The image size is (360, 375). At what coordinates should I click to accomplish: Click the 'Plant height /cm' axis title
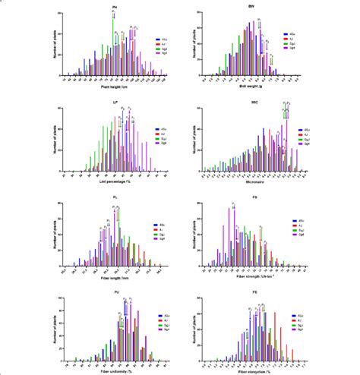[115, 88]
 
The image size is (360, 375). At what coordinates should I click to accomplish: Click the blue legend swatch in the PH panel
[155, 38]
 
